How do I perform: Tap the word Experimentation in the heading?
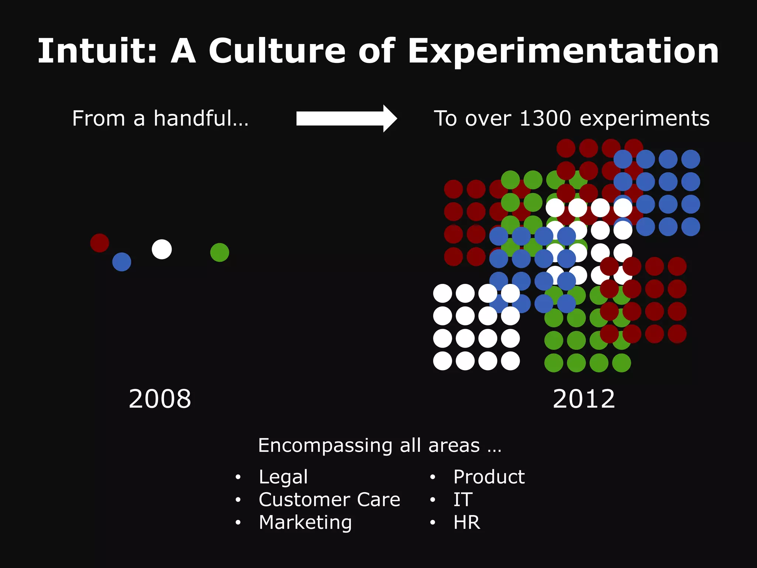point(563,52)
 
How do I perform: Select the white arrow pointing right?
point(346,118)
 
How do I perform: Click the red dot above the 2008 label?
point(99,243)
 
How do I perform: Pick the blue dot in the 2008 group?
point(122,262)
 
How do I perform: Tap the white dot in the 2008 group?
point(162,249)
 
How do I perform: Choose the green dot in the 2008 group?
point(220,253)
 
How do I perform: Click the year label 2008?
point(160,399)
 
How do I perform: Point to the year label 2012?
point(584,399)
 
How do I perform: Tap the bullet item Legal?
point(283,477)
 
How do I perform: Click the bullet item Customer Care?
point(329,500)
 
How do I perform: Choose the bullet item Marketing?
point(305,523)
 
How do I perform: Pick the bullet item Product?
point(489,477)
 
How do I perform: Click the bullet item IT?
point(463,500)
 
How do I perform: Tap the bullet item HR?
point(466,523)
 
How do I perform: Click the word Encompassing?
point(325,446)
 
